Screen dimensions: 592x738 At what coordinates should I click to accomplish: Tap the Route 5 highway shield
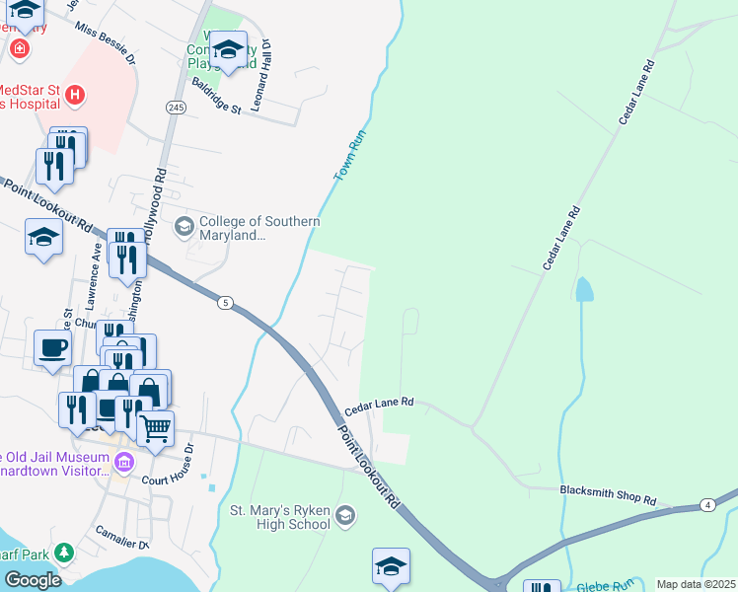pos(226,303)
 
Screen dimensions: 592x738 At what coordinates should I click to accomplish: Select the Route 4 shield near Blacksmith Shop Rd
pos(707,505)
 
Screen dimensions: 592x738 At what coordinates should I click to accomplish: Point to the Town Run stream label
pos(343,157)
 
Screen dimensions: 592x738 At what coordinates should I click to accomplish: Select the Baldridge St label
pos(216,97)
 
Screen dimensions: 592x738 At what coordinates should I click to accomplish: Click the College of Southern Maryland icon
pos(184,228)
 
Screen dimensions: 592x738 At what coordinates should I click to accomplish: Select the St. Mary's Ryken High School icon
pos(344,515)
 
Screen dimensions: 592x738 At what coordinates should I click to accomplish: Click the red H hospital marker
pos(75,96)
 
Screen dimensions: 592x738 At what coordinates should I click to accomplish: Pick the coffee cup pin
pos(52,347)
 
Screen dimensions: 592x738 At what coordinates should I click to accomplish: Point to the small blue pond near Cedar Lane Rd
pos(584,288)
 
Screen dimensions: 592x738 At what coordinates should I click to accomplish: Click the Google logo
pos(34,580)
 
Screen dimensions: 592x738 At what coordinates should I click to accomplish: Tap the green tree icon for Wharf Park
pos(64,552)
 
